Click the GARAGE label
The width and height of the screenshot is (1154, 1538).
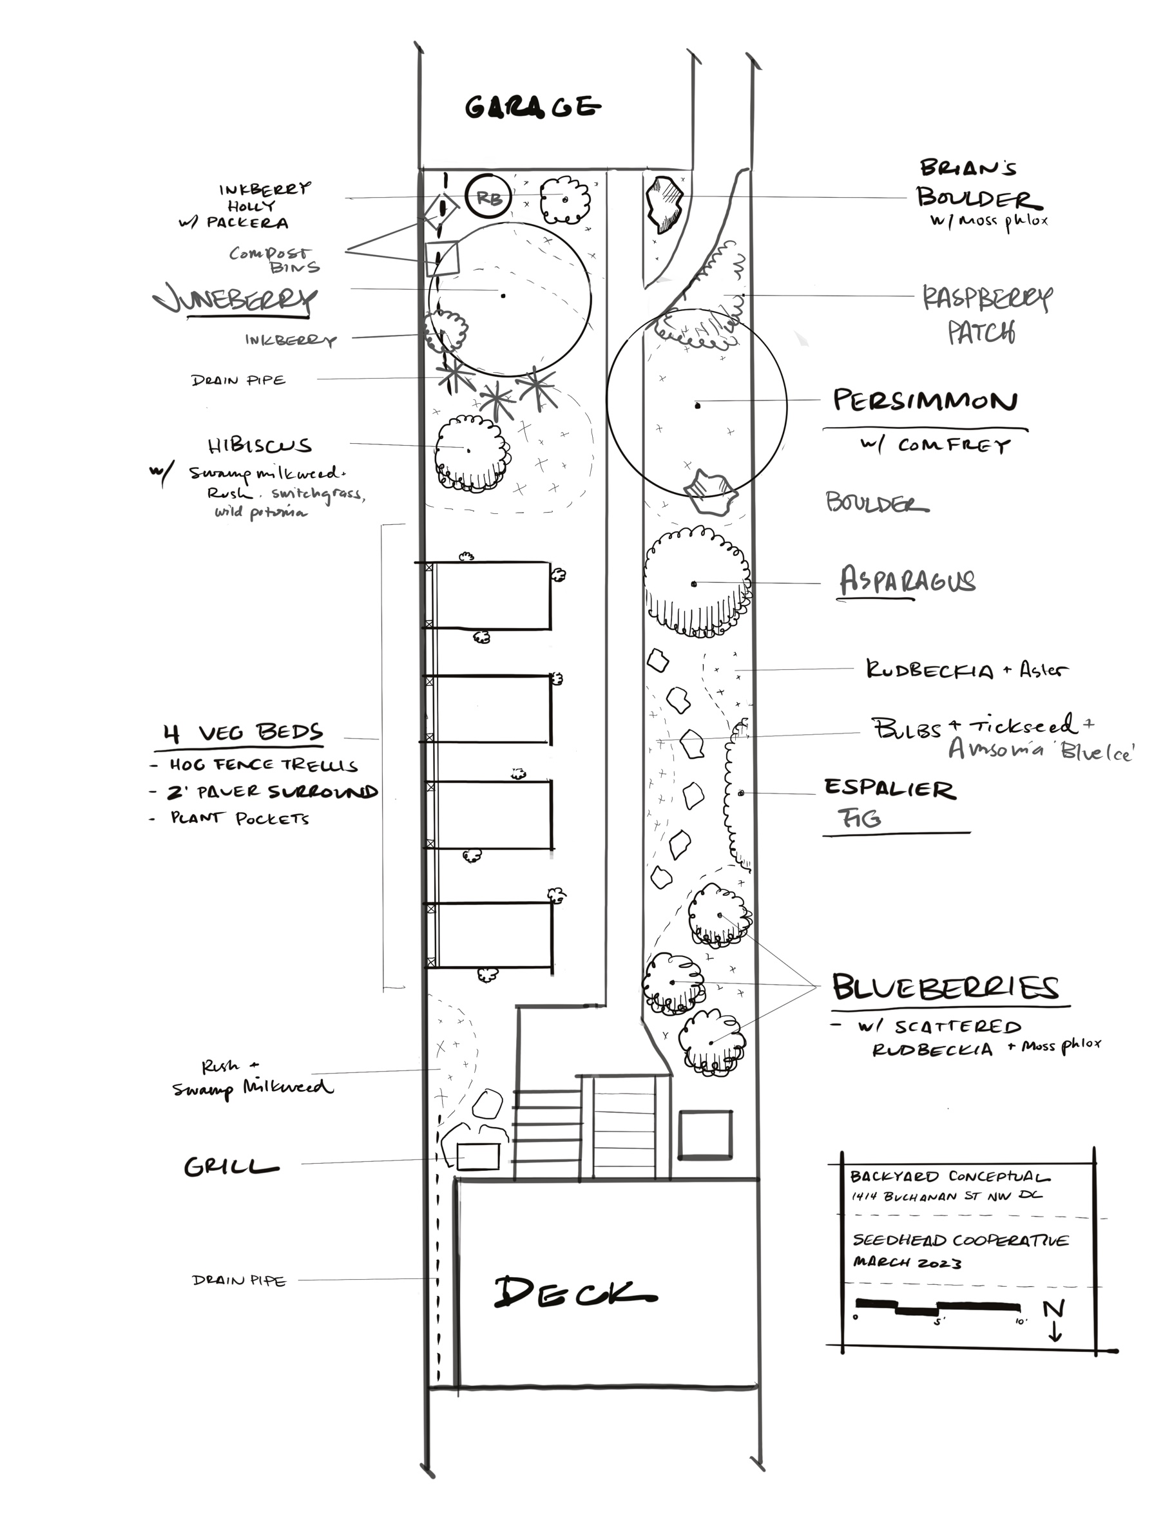[532, 106]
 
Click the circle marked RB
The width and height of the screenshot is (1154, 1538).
[488, 198]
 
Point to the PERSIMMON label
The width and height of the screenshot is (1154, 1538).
[925, 401]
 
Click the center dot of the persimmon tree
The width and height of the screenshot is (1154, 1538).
[697, 404]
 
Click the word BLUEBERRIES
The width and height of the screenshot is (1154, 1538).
[946, 988]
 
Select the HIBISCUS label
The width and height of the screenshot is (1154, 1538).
[259, 446]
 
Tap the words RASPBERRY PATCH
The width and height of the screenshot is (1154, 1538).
[986, 314]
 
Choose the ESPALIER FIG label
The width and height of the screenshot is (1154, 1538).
[889, 803]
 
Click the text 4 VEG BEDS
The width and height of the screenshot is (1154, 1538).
[244, 733]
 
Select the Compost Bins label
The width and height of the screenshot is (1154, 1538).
[274, 260]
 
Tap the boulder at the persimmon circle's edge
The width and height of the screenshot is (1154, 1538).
[709, 490]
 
